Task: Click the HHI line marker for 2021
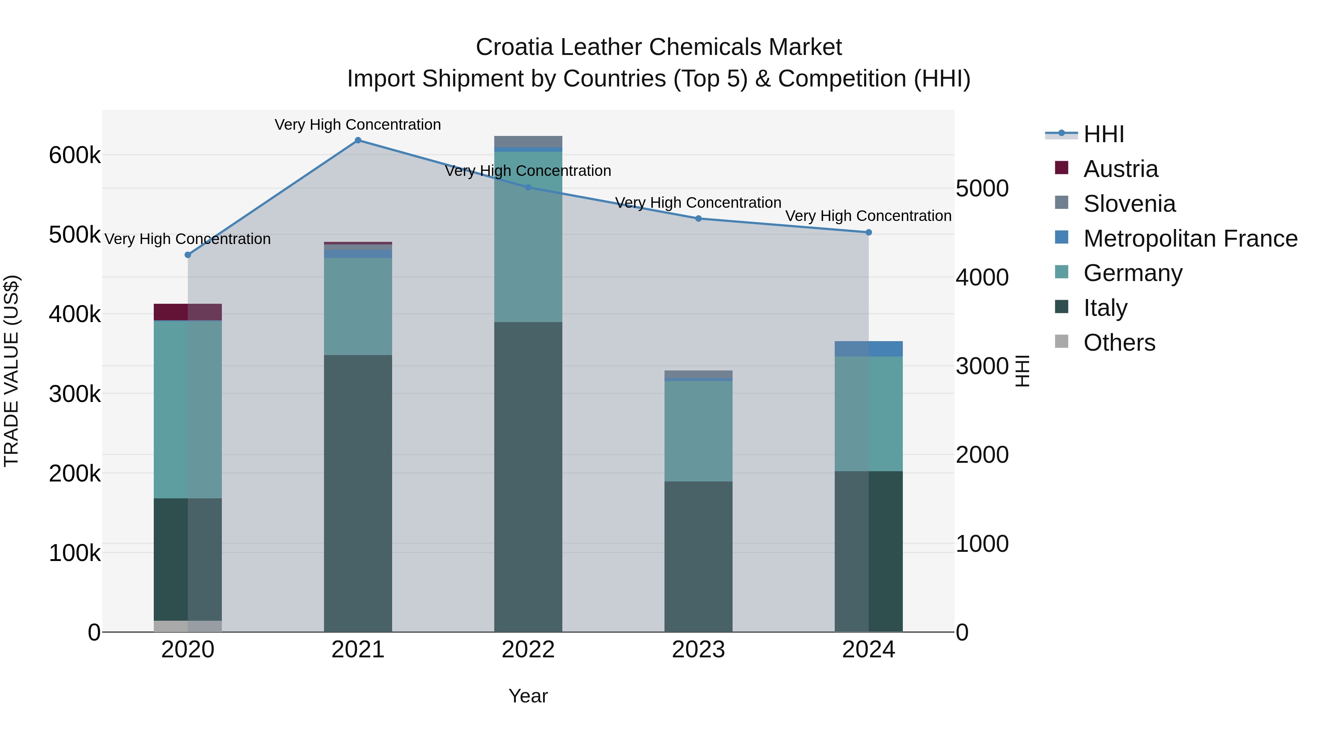click(x=358, y=140)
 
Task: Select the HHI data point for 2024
click(x=868, y=232)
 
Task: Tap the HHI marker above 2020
click(x=188, y=255)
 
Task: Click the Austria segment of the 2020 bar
click(x=188, y=312)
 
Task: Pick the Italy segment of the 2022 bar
click(x=528, y=476)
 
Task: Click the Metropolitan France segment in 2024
click(x=868, y=349)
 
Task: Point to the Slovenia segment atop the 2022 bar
click(x=528, y=141)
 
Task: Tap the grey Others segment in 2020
click(x=188, y=626)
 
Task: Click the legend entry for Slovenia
click(x=1129, y=204)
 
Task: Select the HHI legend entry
click(x=1103, y=134)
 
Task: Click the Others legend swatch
click(x=1062, y=342)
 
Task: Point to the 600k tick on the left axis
click(x=75, y=155)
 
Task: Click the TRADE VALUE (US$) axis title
click(x=11, y=371)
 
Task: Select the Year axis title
click(x=528, y=696)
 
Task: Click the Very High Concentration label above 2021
click(x=358, y=125)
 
